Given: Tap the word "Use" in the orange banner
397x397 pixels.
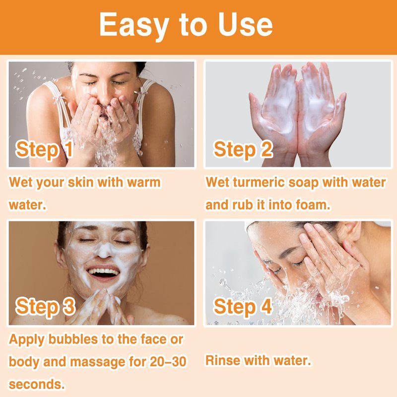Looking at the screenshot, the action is [x=245, y=24].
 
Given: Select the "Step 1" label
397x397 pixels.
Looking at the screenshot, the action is [x=44, y=149].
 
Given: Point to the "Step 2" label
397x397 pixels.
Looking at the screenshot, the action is [x=243, y=149].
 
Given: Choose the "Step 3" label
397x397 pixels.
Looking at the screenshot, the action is [x=45, y=307].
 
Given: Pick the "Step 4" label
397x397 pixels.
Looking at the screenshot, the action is [x=243, y=307].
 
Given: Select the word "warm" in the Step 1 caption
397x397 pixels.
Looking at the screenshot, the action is [x=144, y=182].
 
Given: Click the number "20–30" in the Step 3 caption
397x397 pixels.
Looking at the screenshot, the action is [x=168, y=361].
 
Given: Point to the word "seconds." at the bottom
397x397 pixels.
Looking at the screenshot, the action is [x=37, y=384].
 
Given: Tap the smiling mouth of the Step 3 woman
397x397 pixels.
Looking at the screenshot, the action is [x=103, y=272].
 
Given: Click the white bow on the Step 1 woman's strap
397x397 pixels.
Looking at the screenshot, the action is [x=58, y=97].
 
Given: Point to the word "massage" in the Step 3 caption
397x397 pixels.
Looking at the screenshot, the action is [x=97, y=362].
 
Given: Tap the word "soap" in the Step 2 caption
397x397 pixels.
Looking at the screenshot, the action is [x=303, y=183].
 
